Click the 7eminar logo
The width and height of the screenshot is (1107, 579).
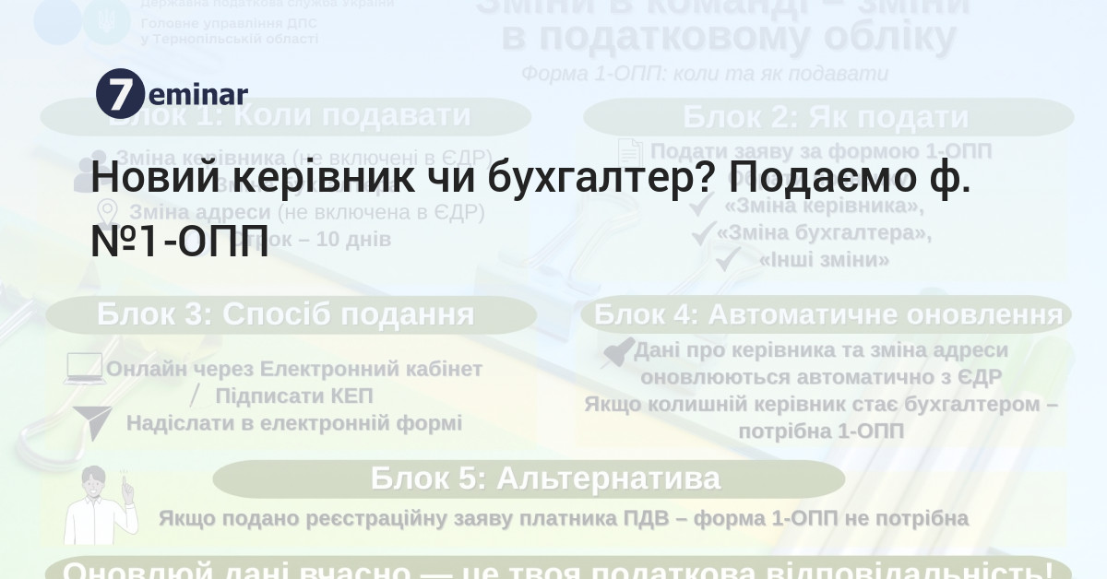point(172,92)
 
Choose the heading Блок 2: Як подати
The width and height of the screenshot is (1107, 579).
point(826,118)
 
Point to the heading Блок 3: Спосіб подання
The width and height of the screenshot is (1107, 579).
point(285,315)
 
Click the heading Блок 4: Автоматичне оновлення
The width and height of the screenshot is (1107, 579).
point(827,315)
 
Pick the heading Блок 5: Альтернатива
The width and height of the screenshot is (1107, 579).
point(545,479)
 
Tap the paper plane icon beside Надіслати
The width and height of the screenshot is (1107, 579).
point(90,422)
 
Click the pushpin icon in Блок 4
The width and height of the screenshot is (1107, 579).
point(616,352)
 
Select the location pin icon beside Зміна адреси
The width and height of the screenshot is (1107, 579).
point(107,212)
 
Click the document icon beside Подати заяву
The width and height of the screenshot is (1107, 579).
point(629,152)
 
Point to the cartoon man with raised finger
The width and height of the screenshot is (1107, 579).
point(100,505)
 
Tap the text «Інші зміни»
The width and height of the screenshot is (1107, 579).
point(824,261)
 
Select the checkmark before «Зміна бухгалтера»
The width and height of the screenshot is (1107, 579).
point(704,234)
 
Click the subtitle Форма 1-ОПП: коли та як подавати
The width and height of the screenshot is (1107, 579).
point(706,74)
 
